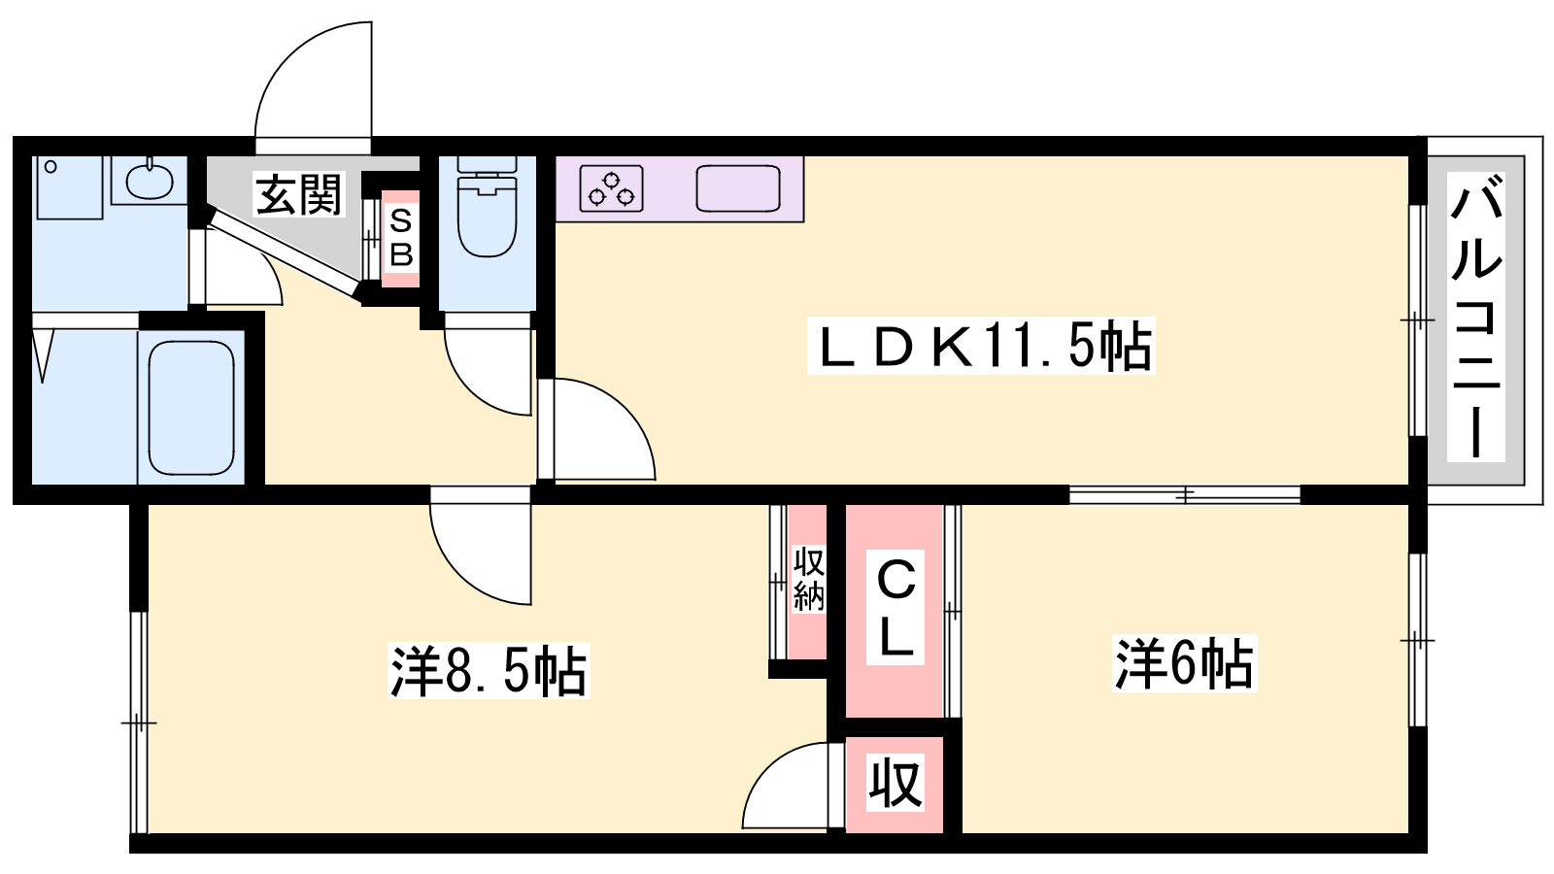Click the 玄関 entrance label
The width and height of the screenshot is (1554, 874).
pos(299,194)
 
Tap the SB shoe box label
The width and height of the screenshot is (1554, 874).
pos(401,239)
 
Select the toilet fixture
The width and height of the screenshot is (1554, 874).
pos(488,207)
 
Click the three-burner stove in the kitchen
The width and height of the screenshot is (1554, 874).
pos(611,188)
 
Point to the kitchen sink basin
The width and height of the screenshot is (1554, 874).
pos(738,188)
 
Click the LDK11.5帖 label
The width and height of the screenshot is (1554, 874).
pos(981,346)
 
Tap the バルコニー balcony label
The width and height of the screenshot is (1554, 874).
pos(1476,317)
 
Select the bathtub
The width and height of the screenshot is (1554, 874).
pos(191,407)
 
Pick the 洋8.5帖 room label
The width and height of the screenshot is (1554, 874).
pos(490,670)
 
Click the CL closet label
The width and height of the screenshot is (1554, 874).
pos(895,608)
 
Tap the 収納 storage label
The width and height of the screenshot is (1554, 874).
pos(808,579)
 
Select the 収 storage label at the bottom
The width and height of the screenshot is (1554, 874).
pos(895,783)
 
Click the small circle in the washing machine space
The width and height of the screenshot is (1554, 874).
pos(50,166)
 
